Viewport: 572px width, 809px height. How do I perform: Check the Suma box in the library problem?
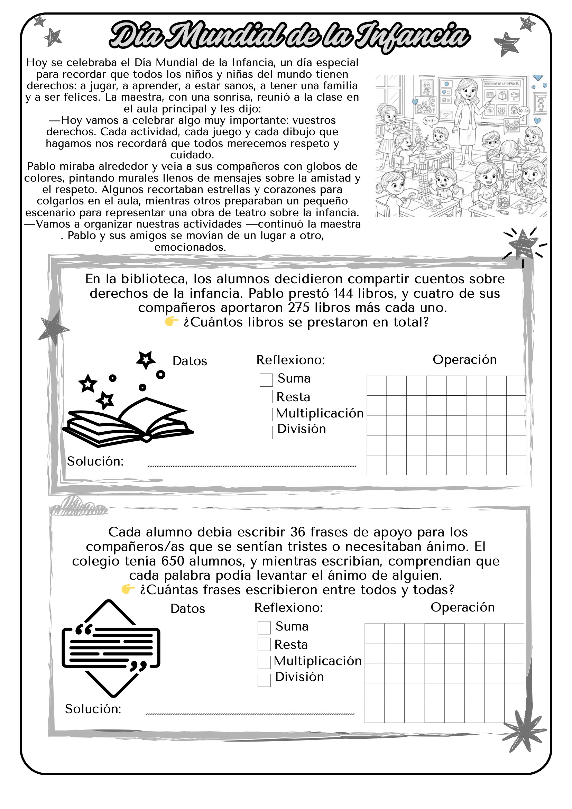pyautogui.click(x=266, y=380)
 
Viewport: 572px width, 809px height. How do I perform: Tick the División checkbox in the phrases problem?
pyautogui.click(x=264, y=680)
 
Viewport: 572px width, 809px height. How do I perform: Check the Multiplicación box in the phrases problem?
pyautogui.click(x=264, y=662)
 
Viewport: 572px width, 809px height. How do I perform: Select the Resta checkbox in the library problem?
pyautogui.click(x=266, y=396)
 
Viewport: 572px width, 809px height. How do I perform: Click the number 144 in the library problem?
pyautogui.click(x=343, y=293)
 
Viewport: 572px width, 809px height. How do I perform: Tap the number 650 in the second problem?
pyautogui.click(x=173, y=561)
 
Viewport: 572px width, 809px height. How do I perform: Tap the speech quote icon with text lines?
pyautogui.click(x=111, y=648)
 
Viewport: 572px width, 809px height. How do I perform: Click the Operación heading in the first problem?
pyautogui.click(x=464, y=359)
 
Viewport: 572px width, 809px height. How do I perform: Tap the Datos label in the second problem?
pyautogui.click(x=187, y=608)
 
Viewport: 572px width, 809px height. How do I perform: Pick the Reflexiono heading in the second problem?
pyautogui.click(x=288, y=607)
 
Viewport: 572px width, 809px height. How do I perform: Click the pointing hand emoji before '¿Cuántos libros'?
pyautogui.click(x=172, y=321)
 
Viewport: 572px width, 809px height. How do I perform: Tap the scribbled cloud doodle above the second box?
pyautogui.click(x=78, y=506)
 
